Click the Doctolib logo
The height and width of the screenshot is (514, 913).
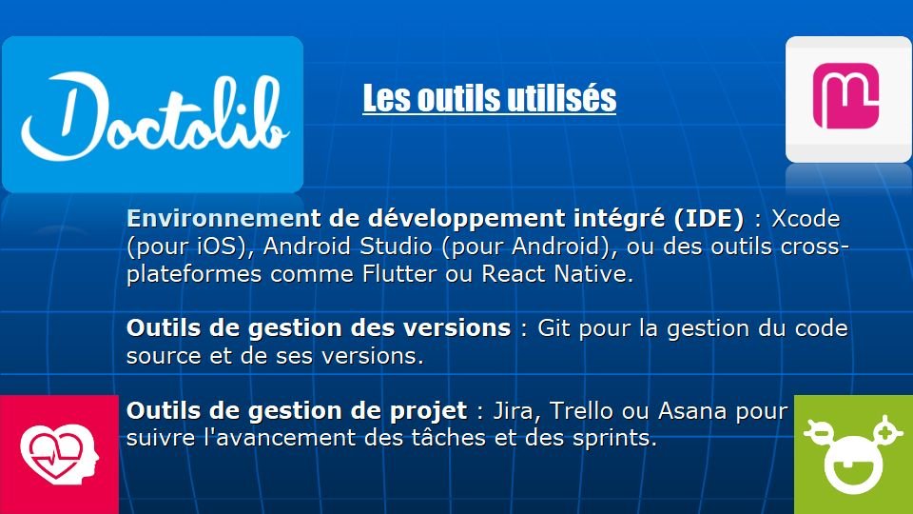tap(152, 114)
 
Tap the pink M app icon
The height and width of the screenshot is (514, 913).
tap(847, 99)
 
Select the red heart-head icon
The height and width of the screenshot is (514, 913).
tap(59, 454)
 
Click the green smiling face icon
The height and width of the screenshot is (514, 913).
tap(854, 454)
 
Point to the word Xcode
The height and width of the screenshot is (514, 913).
tap(806, 219)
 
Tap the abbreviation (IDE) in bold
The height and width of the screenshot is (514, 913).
tap(709, 219)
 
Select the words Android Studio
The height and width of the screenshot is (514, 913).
tap(348, 246)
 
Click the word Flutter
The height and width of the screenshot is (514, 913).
tap(398, 273)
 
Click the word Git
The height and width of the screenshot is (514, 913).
tap(554, 328)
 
